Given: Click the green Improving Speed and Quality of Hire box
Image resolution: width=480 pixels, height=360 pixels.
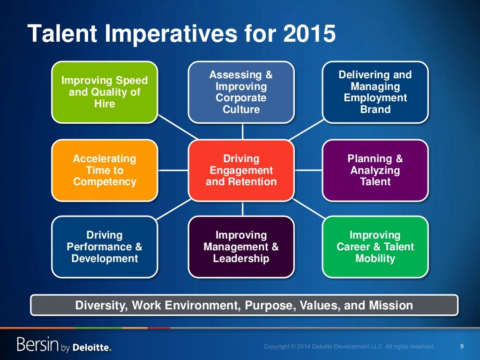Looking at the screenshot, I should pos(105,92).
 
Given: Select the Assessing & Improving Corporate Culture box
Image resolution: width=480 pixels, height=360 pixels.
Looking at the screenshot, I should pos(241,92).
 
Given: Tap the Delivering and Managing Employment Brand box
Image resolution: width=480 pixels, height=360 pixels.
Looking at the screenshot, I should pos(375,92).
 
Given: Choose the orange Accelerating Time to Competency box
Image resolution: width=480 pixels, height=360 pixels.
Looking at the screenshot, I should pos(105,170).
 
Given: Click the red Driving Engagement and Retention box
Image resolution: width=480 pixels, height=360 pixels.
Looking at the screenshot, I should pos(241,170).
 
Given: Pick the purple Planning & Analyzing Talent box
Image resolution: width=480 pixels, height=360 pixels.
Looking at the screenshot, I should pos(375,170).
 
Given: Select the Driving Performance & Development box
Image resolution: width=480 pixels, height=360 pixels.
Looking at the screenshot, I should pos(105,247).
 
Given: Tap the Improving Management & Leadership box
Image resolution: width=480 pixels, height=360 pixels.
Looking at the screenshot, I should pos(241,247).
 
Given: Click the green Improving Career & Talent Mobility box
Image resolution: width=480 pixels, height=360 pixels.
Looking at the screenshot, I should pos(375,247).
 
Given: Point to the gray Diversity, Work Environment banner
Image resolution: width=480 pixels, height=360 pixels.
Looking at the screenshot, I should pos(244,306).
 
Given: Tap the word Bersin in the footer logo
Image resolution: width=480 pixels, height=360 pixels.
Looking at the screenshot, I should pos(37,345).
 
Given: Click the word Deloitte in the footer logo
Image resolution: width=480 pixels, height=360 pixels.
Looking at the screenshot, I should pos(92,347).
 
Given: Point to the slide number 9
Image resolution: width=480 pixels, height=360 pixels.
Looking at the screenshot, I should pos(462,346).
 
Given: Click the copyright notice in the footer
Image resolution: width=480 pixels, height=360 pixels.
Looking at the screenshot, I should pos(349,347).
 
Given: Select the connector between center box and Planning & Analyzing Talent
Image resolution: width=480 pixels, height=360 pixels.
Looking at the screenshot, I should pos(308,170).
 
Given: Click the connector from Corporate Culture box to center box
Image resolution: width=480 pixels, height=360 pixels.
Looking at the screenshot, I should pos(242,132).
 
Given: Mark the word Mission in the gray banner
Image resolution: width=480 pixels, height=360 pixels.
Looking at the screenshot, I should pos(390,306).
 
